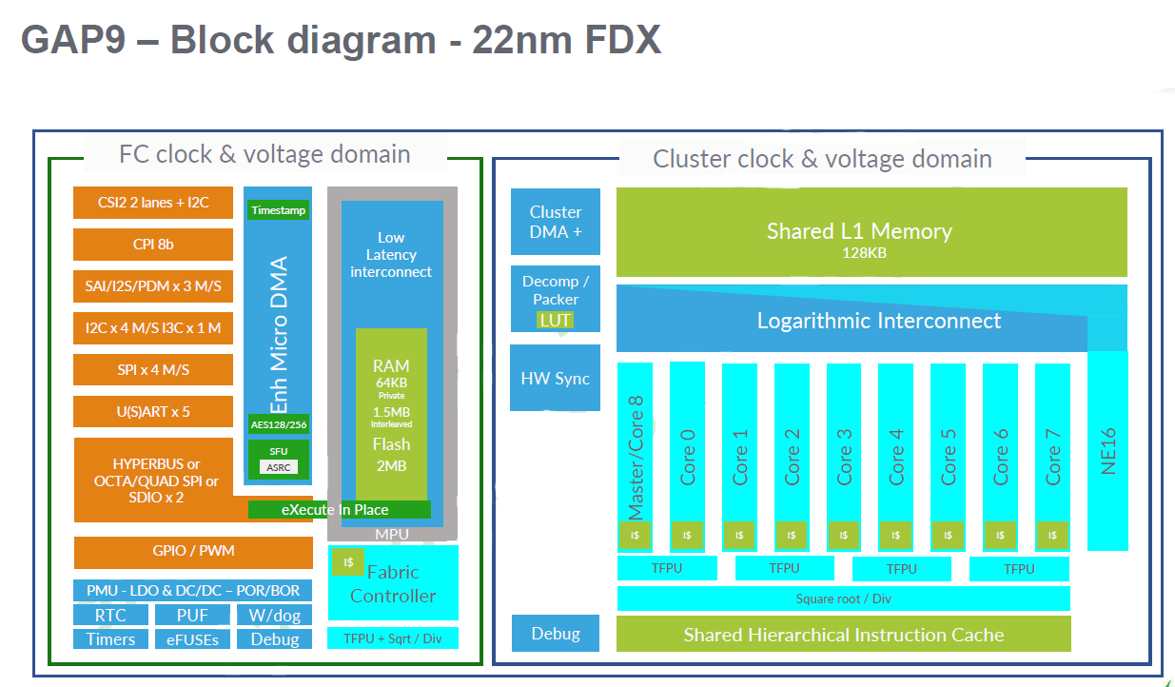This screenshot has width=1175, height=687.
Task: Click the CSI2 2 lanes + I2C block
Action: click(153, 203)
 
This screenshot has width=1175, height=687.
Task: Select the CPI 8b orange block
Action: click(153, 245)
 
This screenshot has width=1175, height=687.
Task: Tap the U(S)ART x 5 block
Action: click(153, 411)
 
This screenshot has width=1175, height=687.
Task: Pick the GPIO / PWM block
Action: click(193, 552)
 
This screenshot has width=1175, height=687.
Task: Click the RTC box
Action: click(111, 616)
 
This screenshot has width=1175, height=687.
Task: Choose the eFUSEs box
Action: click(192, 639)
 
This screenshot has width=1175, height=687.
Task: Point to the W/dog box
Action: click(275, 616)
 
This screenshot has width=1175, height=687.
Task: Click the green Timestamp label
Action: click(278, 210)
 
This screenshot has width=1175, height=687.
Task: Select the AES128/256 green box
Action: click(278, 424)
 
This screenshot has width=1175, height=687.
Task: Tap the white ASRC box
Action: click(278, 467)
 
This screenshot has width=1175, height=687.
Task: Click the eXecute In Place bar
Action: click(339, 510)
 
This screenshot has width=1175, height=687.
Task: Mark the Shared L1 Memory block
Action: click(871, 232)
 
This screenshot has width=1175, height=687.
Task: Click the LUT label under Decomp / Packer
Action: click(555, 320)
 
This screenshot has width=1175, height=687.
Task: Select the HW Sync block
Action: click(555, 379)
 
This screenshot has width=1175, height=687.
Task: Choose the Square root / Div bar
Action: click(843, 599)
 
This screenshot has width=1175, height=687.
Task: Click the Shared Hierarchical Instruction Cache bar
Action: click(843, 635)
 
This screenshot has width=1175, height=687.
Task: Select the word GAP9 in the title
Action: click(72, 40)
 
